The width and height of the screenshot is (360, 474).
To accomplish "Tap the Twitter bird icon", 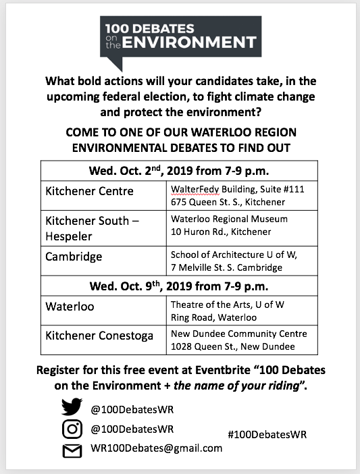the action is pyautogui.click(x=72, y=407).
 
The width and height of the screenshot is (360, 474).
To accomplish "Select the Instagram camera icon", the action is pyautogui.click(x=72, y=428).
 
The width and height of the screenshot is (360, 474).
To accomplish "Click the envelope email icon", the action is pyautogui.click(x=72, y=449).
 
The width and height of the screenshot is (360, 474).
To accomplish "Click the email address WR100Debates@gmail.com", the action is pyautogui.click(x=156, y=448).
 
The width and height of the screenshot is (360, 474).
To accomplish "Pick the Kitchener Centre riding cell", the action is pyautogui.click(x=90, y=191).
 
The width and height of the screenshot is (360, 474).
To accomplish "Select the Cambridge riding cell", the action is pyautogui.click(x=74, y=257).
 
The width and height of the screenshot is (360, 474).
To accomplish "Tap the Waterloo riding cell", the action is pyautogui.click(x=70, y=306).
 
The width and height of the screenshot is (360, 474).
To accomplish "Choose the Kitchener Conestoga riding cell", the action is pyautogui.click(x=99, y=336).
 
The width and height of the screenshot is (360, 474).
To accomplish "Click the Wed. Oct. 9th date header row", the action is pyautogui.click(x=179, y=285).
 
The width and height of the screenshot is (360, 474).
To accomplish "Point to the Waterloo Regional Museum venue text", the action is pyautogui.click(x=229, y=219).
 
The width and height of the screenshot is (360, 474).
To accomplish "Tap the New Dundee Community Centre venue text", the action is pyautogui.click(x=238, y=334).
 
